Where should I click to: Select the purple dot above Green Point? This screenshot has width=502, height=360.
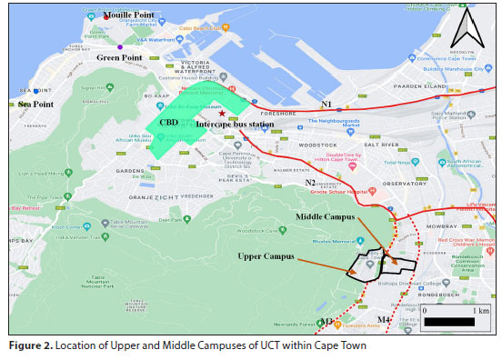coord(119,46)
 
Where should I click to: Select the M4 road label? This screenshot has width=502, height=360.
coord(383,321)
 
